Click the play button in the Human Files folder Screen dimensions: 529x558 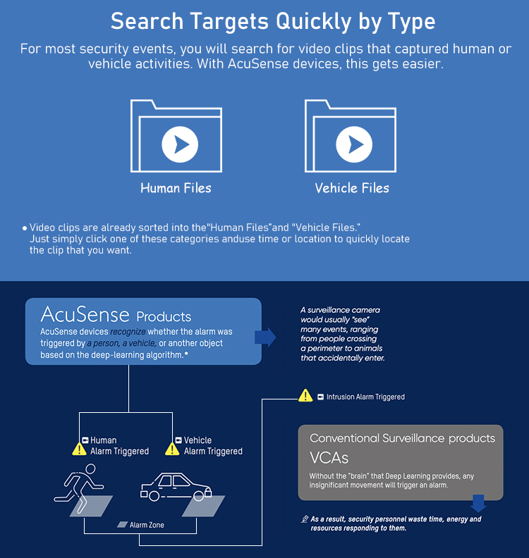180,144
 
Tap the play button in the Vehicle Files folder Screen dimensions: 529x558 354,144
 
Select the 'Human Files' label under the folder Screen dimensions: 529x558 176,188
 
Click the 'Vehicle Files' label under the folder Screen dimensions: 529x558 352,188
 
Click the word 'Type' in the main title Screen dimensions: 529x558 411,21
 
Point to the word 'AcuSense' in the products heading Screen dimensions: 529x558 85,314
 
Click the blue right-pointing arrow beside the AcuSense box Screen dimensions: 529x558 265,337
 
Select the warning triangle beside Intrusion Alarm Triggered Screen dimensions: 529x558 305,395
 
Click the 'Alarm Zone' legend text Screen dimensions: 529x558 147,525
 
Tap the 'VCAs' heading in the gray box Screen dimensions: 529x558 329,458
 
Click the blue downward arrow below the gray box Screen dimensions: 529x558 478,502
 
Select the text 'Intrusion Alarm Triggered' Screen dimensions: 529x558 365,397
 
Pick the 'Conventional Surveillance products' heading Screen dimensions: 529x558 402,438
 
